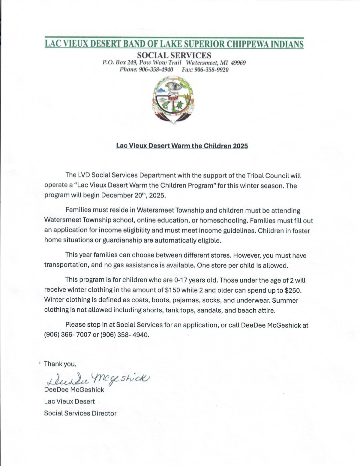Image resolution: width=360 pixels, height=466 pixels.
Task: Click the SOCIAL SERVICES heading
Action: coord(174,55)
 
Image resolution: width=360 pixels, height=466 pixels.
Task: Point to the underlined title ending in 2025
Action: coord(182,146)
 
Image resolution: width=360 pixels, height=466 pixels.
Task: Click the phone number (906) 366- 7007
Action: coord(67,334)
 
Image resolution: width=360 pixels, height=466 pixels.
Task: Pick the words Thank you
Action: coord(60,364)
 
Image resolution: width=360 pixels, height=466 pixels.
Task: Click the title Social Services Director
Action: coord(80,413)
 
